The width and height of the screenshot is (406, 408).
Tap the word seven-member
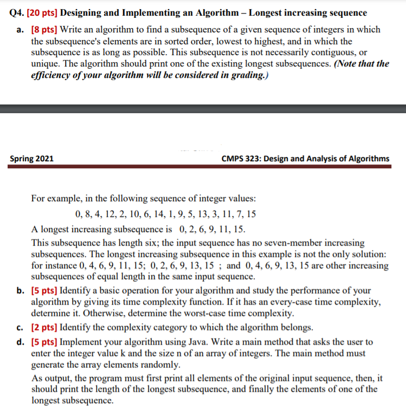(238, 243)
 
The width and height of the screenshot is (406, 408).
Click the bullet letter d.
(20, 342)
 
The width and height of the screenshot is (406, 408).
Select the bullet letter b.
(20, 291)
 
